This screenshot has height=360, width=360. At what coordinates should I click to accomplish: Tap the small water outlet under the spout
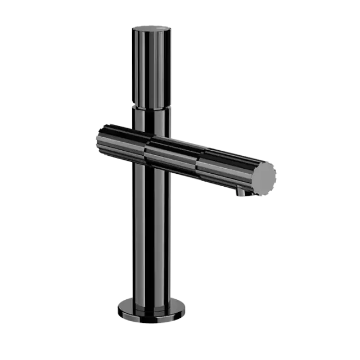pos(241,193)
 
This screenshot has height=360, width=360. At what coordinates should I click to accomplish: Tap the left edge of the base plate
pos(119,309)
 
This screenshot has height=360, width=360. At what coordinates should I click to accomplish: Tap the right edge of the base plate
pos(186,309)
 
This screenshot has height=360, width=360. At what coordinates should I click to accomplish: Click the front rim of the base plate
pos(152,319)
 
